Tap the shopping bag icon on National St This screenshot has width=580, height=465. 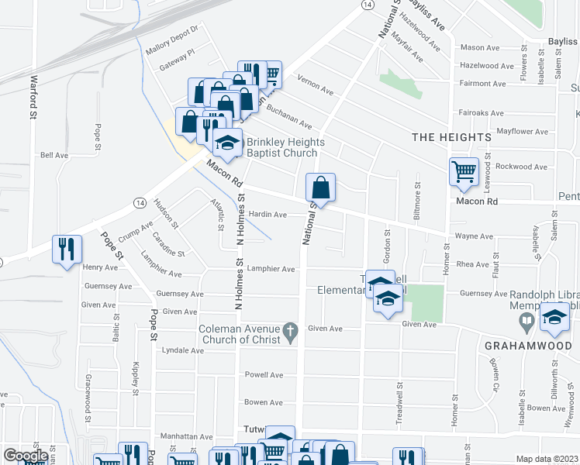[321, 188]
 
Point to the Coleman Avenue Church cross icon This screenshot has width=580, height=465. [291, 331]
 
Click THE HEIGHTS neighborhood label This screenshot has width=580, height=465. [451, 137]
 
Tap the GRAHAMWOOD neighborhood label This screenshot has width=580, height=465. [521, 345]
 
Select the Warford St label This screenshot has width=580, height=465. [33, 97]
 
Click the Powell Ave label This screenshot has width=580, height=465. [264, 375]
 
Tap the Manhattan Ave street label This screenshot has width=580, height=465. [186, 437]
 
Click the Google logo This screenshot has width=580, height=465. [26, 456]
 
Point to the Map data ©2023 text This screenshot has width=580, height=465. [547, 459]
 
